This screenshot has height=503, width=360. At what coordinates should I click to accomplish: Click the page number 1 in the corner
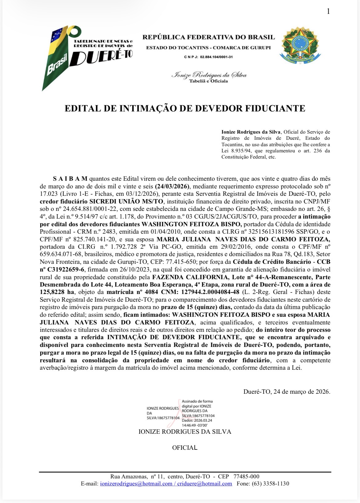pyautogui.click(x=328, y=11)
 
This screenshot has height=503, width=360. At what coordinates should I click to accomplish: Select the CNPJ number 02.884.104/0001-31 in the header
pyautogui.click(x=216, y=57)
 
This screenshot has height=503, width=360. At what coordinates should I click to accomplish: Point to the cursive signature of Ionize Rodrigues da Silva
pyautogui.click(x=209, y=75)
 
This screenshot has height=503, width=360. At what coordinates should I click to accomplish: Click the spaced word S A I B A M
pyautogui.click(x=70, y=179)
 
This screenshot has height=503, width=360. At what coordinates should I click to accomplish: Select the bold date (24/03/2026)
pyautogui.click(x=173, y=186)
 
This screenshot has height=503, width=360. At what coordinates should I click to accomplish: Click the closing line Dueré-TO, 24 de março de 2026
pyautogui.click(x=287, y=392)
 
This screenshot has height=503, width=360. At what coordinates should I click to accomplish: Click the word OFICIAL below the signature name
pyautogui.click(x=185, y=448)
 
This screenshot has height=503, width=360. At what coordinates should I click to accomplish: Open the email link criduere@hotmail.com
pyautogui.click(x=204, y=484)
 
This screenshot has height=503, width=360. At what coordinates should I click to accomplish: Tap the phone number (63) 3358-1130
pyautogui.click(x=270, y=484)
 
